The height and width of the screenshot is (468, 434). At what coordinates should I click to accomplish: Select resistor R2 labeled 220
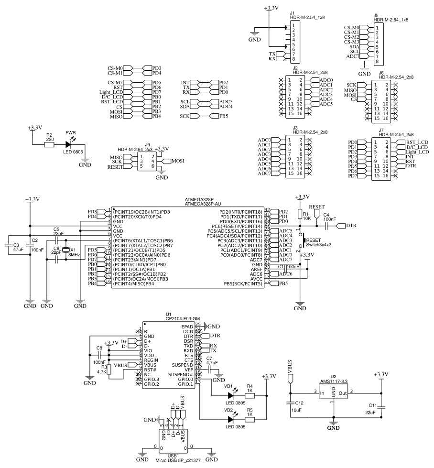tap(49, 144)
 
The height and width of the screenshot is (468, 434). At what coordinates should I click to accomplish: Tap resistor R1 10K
tap(300, 215)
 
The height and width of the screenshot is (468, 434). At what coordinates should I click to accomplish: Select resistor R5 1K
tap(250, 419)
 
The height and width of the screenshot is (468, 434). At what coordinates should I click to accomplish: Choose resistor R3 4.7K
tap(109, 369)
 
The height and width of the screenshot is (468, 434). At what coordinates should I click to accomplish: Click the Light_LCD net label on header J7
tap(417, 152)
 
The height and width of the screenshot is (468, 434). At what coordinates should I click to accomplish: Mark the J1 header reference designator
tap(293, 13)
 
